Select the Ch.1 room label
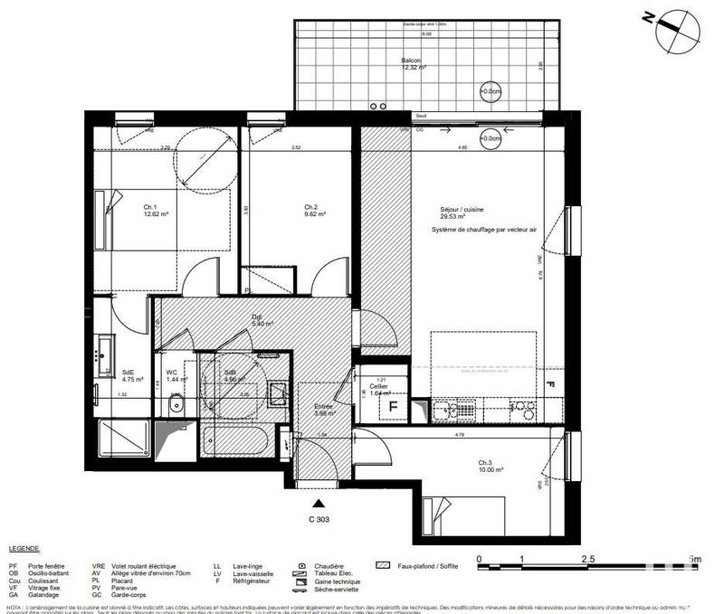[152, 210]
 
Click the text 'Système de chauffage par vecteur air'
[484, 231]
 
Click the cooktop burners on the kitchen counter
[524, 411]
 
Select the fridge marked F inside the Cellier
[393, 407]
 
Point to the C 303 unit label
[319, 518]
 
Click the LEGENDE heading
[24, 549]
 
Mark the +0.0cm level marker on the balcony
[490, 91]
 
